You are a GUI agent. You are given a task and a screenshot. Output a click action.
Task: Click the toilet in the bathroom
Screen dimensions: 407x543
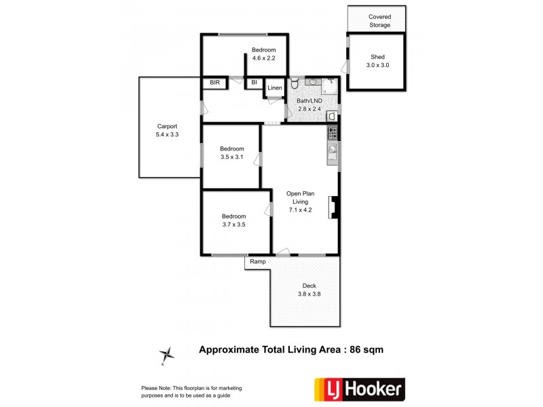(x=295, y=85)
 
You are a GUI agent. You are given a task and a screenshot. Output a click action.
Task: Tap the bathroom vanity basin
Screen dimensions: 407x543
(x=314, y=82)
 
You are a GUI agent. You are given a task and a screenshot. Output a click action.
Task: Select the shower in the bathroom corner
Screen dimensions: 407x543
(x=331, y=85)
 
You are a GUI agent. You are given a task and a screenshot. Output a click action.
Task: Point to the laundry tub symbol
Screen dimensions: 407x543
(x=332, y=115)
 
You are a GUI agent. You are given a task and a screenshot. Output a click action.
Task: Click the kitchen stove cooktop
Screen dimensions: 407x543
(x=333, y=132)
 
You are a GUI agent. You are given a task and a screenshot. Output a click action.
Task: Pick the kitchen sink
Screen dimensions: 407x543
(x=333, y=151)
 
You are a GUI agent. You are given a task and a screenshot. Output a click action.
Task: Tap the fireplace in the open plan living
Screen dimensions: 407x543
(x=333, y=208)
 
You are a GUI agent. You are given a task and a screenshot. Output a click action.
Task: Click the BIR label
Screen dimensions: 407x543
(x=215, y=83)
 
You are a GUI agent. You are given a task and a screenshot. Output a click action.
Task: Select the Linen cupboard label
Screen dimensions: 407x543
(x=274, y=88)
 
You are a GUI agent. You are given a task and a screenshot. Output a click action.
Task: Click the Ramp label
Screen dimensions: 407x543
(x=257, y=262)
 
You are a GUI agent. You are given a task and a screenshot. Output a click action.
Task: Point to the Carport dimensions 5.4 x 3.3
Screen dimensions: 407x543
(x=167, y=135)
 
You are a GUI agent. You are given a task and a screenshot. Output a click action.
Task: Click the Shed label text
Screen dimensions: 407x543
(x=377, y=57)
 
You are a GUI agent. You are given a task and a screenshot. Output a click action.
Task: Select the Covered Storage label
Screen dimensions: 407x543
(x=379, y=21)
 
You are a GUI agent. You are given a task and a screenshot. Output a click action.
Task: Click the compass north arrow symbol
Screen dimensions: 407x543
(x=166, y=353)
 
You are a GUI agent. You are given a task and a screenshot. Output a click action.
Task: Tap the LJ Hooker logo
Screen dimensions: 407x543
(x=358, y=389)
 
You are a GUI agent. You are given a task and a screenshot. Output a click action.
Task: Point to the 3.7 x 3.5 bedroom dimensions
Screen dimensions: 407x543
(x=233, y=225)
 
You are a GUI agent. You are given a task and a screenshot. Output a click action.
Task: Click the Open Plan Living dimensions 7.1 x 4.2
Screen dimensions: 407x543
(x=300, y=210)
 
